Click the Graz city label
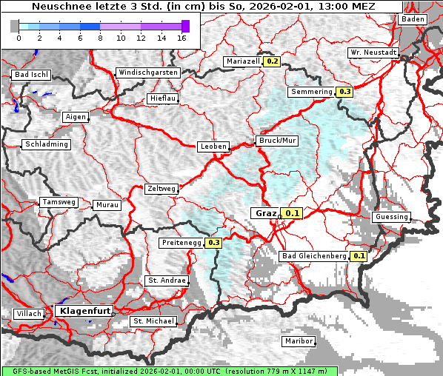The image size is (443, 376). tap(266, 213)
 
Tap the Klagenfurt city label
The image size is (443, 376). tap(83, 312)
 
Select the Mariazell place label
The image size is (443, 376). tap(243, 61)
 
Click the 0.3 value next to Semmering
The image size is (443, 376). tap(344, 92)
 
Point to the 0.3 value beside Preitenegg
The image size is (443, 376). tap(214, 243)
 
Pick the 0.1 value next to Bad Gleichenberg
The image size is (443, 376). tap(359, 256)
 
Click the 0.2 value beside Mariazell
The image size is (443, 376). tap(272, 61)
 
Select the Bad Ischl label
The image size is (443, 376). tap(31, 75)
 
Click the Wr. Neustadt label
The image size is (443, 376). tap(374, 53)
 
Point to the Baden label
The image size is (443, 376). tap(413, 19)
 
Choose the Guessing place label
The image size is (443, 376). tap(391, 217)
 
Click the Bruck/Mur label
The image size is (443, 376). tap(276, 140)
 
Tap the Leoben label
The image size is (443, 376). tap(213, 147)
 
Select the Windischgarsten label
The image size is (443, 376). tap(147, 73)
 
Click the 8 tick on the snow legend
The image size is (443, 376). tap(100, 37)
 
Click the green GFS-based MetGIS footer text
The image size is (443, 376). tap(169, 371)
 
